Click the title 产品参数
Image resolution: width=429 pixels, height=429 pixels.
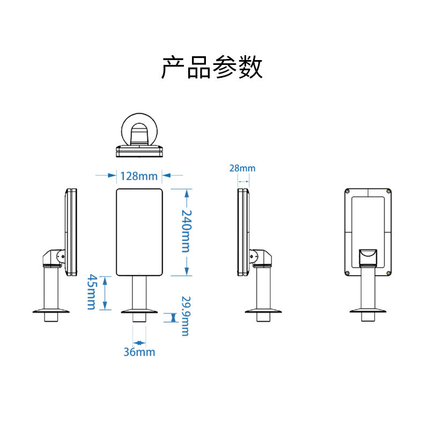point(212,68)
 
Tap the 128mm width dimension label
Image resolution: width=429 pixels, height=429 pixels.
point(139,176)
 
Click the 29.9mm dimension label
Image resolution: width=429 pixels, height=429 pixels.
point(185,316)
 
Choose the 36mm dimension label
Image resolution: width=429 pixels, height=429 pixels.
point(139,352)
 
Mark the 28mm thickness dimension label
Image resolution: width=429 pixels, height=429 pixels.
point(242,168)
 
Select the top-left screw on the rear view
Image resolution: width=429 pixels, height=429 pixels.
point(349,191)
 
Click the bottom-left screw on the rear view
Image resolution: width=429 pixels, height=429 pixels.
point(349,272)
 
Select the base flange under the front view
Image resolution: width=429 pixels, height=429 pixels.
point(139,311)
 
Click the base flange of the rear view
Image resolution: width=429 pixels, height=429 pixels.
point(368,310)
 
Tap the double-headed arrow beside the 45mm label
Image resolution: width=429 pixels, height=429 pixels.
point(105,292)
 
